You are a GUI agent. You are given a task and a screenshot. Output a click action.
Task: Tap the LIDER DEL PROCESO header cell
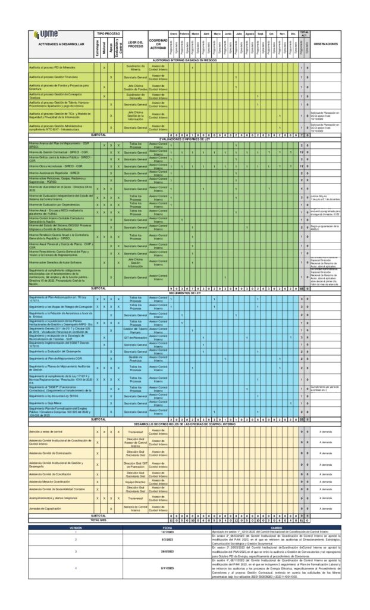click(x=136, y=44)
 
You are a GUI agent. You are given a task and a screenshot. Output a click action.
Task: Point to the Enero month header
click(x=174, y=33)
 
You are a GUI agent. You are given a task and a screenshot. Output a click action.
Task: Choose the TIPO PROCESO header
click(x=108, y=33)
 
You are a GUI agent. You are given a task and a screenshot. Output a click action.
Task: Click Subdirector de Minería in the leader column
click(x=136, y=67)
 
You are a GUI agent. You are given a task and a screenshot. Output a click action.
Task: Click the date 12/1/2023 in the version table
click(x=167, y=532)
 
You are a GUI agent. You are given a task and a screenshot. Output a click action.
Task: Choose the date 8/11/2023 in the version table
click(x=167, y=568)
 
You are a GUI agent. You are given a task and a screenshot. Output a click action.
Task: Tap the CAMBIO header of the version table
click(x=277, y=527)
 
